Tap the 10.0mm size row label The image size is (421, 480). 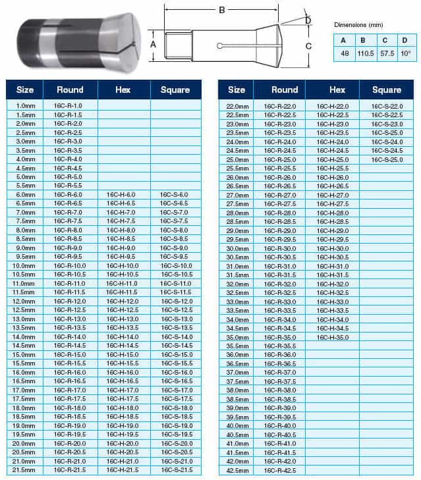click(x=24, y=265)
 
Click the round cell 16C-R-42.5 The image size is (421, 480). click(x=279, y=470)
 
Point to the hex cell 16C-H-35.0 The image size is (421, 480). click(x=333, y=337)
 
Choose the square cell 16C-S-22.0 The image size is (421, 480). click(x=387, y=106)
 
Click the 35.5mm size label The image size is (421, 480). click(x=235, y=346)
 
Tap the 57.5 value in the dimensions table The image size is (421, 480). click(x=386, y=53)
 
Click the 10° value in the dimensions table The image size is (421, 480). click(x=405, y=53)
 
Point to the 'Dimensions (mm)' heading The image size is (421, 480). click(x=358, y=24)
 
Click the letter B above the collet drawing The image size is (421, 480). click(x=222, y=10)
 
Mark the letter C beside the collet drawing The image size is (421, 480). click(x=308, y=46)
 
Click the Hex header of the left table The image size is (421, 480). click(x=123, y=90)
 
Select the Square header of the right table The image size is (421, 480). click(x=387, y=90)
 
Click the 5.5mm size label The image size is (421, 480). click(x=24, y=186)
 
